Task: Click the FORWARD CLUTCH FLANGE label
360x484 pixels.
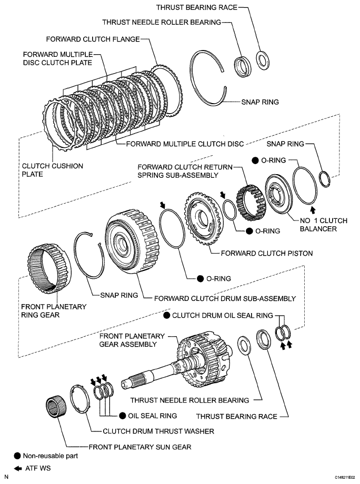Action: click(94, 38)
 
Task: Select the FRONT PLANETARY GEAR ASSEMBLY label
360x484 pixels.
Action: click(128, 340)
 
